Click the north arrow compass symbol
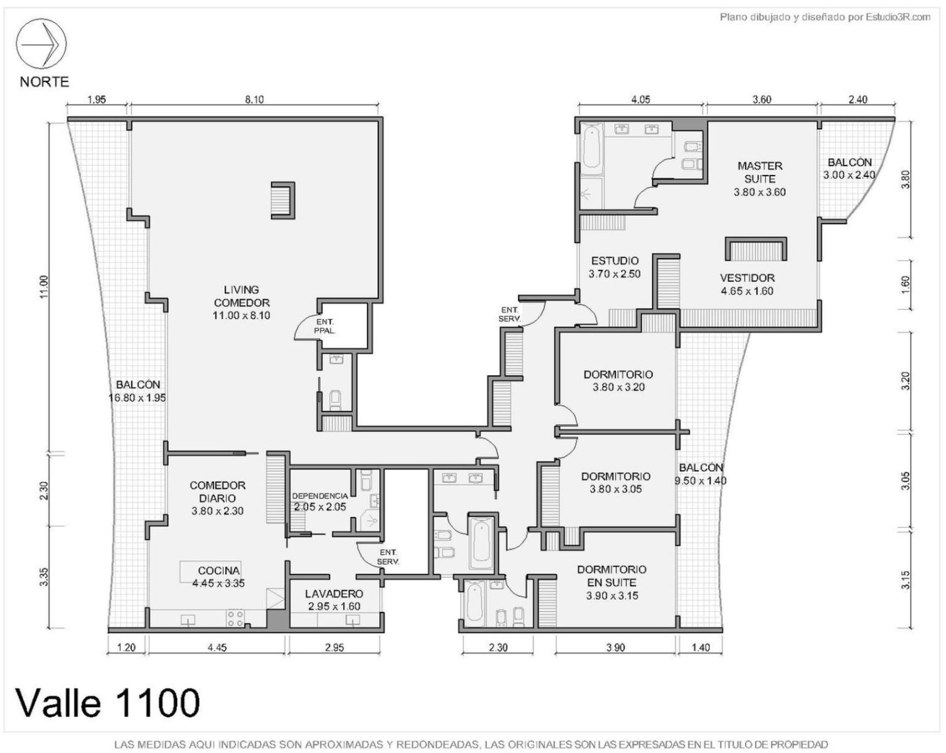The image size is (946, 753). [41, 44]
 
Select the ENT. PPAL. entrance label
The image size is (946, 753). [325, 326]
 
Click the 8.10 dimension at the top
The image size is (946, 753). [254, 99]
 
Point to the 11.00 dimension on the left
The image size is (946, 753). [43, 287]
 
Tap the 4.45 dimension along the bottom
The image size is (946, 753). [217, 648]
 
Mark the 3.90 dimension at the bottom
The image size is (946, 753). [615, 648]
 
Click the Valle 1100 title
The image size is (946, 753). [108, 703]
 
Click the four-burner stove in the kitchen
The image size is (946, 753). [235, 617]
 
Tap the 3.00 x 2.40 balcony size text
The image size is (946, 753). [849, 174]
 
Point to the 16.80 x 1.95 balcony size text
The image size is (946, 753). [137, 398]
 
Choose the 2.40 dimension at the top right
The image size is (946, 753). [857, 99]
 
